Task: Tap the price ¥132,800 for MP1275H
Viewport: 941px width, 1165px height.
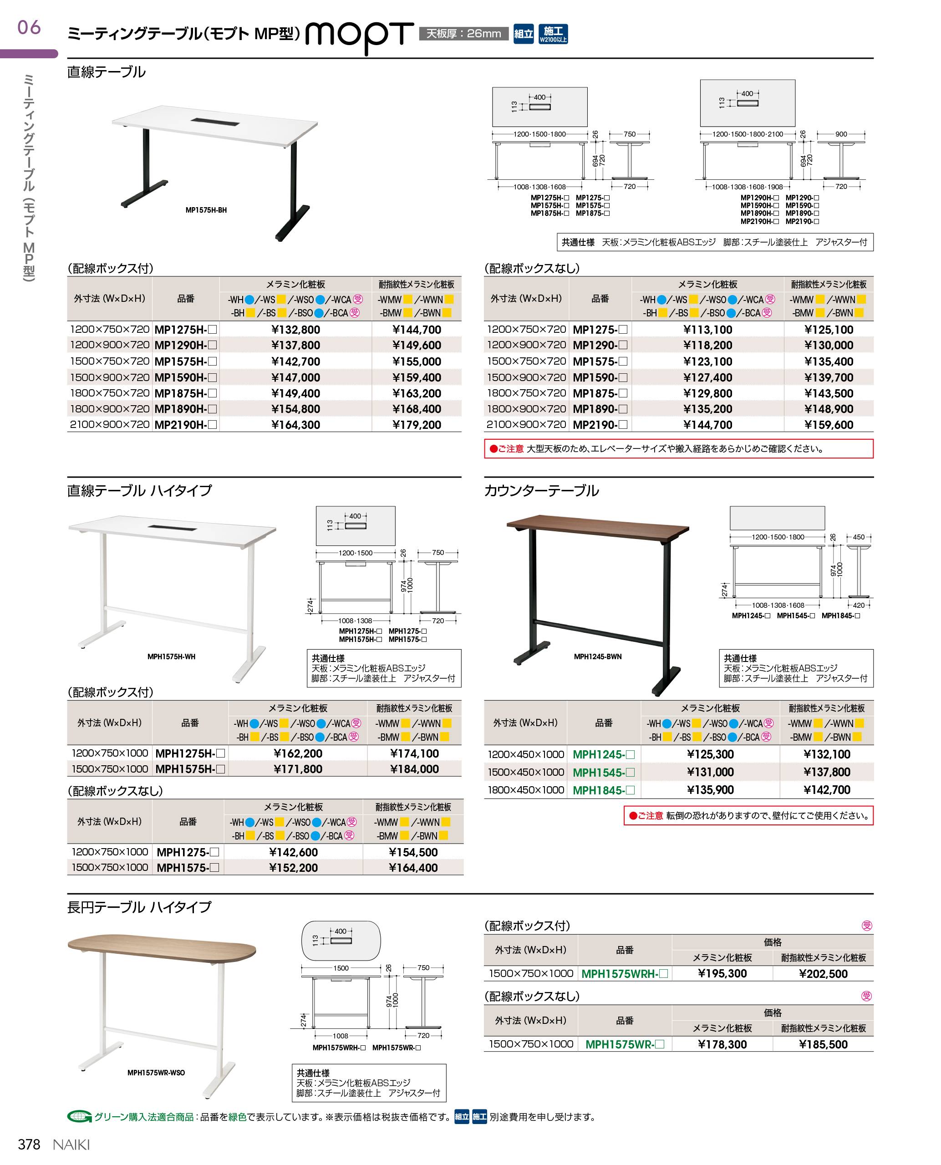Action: tap(295, 330)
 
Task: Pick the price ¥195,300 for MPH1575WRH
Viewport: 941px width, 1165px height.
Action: tap(722, 974)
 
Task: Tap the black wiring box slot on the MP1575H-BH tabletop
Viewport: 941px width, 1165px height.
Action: tap(215, 122)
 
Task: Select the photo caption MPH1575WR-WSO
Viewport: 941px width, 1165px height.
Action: tap(156, 1072)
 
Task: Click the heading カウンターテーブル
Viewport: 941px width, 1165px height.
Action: tap(541, 491)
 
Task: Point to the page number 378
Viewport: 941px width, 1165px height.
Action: tap(29, 1144)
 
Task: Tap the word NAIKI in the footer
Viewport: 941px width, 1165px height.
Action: tap(71, 1145)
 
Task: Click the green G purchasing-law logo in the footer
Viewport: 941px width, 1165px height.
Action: tap(79, 1116)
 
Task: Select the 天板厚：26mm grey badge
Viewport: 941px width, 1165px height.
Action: tap(463, 34)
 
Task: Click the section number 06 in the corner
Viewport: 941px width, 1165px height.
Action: tap(29, 28)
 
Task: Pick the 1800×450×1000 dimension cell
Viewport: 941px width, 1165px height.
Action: tap(526, 790)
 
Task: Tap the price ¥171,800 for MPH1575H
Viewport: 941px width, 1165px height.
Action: tap(298, 769)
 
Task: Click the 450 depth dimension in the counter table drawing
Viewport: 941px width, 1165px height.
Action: tap(859, 537)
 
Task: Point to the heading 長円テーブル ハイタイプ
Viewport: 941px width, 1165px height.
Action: tap(139, 907)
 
